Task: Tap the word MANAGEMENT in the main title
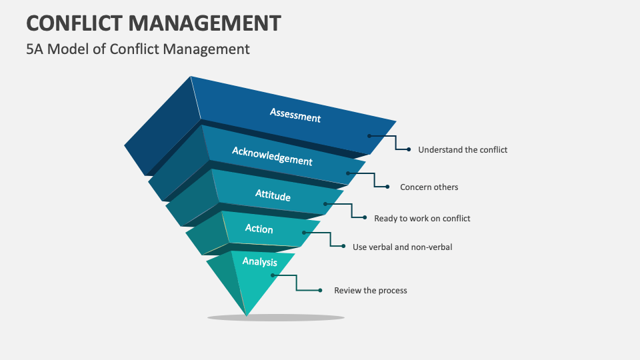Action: point(205,23)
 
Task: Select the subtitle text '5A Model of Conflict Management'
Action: point(138,49)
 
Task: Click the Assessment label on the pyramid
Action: point(295,115)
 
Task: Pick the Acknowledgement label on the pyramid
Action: point(272,156)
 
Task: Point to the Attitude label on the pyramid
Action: point(273,195)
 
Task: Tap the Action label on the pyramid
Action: point(259,229)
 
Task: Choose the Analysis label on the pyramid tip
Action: point(259,261)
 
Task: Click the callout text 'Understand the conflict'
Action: point(463,150)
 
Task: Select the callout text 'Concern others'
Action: point(429,187)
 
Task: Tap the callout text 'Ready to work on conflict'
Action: point(422,219)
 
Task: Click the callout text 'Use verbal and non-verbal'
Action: point(403,247)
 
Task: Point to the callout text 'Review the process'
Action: point(371,291)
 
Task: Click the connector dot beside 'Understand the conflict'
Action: point(409,149)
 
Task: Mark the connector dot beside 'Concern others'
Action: point(387,187)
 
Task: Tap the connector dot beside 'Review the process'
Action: point(321,290)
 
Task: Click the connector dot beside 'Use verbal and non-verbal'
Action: point(343,246)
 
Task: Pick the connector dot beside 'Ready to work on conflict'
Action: point(365,217)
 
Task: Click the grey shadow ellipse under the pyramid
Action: point(276,317)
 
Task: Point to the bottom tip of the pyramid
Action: point(246,315)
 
